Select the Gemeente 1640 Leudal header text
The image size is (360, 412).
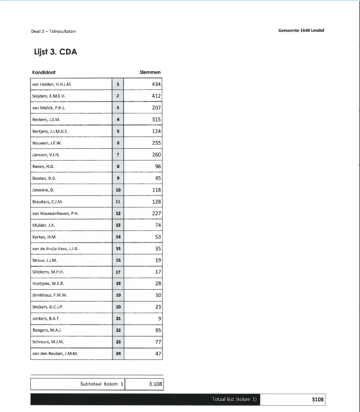(301, 30)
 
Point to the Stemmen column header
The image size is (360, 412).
(150, 72)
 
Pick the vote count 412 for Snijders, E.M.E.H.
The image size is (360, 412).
(156, 96)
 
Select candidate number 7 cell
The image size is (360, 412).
(118, 155)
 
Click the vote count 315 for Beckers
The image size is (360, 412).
(156, 119)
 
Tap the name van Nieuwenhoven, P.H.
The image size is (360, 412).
(55, 213)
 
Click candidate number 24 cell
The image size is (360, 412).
(118, 354)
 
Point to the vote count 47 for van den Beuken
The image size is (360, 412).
(158, 354)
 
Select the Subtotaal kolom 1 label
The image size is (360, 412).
(102, 384)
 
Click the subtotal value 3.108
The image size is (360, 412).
(155, 384)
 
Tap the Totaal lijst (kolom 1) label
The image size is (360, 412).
(235, 400)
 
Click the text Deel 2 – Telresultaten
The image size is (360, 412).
(53, 31)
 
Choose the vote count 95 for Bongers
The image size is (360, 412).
(158, 330)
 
